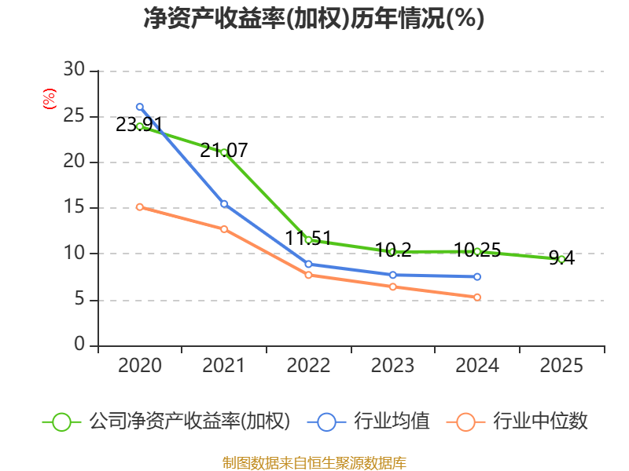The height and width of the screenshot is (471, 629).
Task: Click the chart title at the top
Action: [314, 19]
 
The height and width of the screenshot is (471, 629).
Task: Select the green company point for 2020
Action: [140, 126]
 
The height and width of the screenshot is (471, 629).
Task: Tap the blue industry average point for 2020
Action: [140, 107]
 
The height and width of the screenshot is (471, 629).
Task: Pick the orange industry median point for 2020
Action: [140, 207]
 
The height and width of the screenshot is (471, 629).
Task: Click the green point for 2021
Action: [224, 152]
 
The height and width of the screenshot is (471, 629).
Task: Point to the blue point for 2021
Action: [224, 204]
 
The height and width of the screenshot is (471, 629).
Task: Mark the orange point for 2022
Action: [308, 275]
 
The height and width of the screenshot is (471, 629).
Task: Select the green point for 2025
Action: [561, 258]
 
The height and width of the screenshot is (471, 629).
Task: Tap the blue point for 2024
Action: [477, 276]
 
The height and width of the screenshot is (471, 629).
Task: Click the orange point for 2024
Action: [477, 297]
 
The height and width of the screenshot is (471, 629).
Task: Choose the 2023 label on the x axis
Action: [392, 366]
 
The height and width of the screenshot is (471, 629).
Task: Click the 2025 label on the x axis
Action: [561, 366]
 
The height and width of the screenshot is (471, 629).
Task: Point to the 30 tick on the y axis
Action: [74, 71]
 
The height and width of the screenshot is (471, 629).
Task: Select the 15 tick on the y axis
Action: [74, 208]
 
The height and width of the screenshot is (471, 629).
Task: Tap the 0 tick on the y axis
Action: [79, 345]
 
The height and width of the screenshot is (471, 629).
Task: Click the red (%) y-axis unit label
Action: [49, 100]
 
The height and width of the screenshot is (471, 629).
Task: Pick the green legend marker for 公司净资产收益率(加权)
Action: [61, 422]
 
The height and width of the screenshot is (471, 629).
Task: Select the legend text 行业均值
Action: [392, 422]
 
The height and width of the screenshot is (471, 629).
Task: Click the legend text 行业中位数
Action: [540, 422]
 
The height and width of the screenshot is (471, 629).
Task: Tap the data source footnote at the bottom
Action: [314, 462]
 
